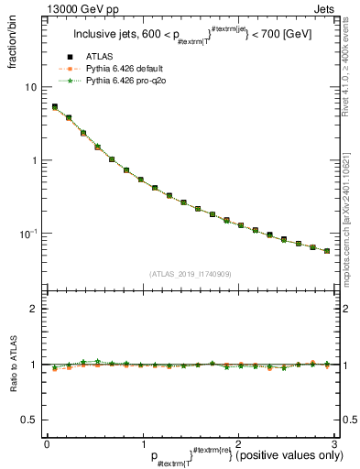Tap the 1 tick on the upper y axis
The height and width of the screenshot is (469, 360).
coord(33,160)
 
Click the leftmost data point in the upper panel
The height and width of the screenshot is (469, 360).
coord(55,107)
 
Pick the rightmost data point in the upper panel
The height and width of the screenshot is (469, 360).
coord(327,251)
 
